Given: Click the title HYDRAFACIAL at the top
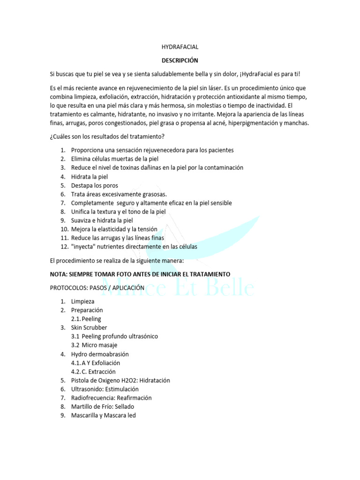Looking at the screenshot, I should pos(180,47).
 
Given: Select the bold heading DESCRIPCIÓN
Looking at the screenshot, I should pos(180,60).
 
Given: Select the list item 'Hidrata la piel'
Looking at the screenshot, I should pos(90,177).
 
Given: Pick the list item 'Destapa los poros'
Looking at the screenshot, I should pos(94,185).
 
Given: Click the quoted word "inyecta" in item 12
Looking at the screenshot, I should pos(83,247).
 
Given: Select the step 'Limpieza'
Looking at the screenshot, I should pos(82,301).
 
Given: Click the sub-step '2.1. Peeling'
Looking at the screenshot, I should pos(86,319).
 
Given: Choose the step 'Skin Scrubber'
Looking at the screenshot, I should pos(89,328).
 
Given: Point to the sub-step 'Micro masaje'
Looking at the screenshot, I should pos(100,345).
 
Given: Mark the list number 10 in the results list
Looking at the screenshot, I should pos(64,229).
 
